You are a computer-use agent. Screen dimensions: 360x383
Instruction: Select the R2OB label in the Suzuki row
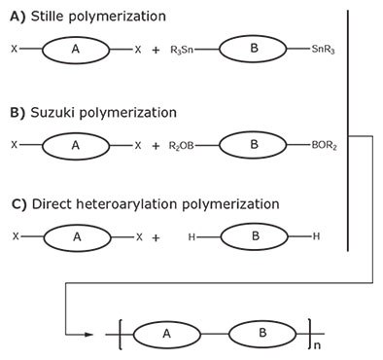pyautogui.click(x=186, y=145)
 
